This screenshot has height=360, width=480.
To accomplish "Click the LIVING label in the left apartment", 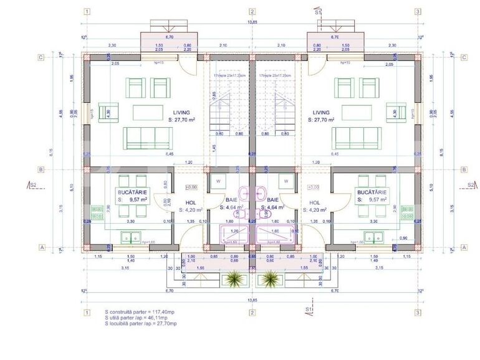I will pyautogui.click(x=146, y=113).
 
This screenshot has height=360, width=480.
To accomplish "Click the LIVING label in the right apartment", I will pyautogui.click(x=322, y=113).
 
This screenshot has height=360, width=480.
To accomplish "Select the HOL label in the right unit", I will pyautogui.click(x=315, y=203).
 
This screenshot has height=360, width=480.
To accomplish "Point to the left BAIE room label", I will pyautogui.click(x=231, y=200).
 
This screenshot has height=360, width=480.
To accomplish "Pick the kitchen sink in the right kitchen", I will pyautogui.click(x=372, y=237).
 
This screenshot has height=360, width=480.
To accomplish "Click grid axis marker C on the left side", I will pyautogui.click(x=41, y=57).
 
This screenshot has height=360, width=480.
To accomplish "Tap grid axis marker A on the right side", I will pyautogui.click(x=464, y=247).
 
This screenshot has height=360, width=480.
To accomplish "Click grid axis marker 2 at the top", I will pyautogui.click(x=252, y=11).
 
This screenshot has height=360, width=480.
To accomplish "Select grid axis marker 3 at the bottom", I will pyautogui.click(x=417, y=311).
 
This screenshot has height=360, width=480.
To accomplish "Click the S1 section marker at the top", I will pyautogui.click(x=318, y=11).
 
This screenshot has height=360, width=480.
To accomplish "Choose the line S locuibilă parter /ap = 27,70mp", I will pyautogui.click(x=141, y=323).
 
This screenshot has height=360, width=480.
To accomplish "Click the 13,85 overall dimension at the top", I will pyautogui.click(x=252, y=22).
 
